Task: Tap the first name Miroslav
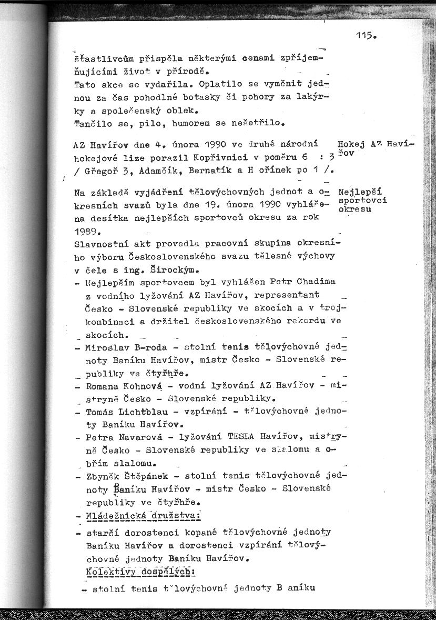[x=107, y=347]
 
